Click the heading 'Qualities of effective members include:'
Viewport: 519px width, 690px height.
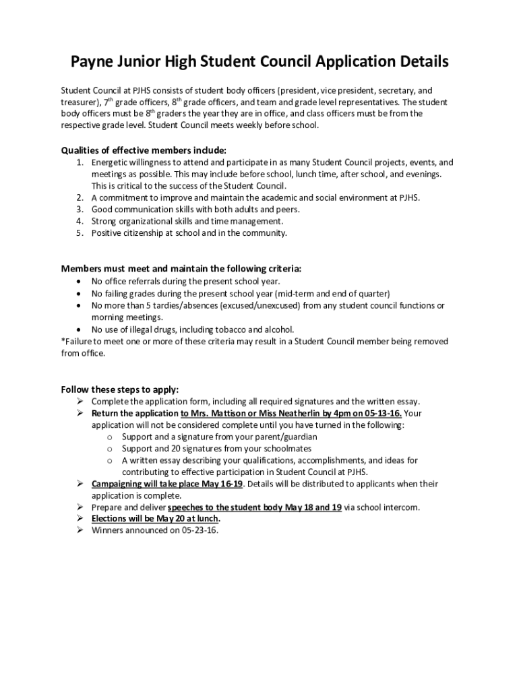(144, 150)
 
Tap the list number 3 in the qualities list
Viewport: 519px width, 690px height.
(79, 210)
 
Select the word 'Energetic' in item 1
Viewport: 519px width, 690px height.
(111, 162)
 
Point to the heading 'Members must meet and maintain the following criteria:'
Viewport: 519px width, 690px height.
(181, 268)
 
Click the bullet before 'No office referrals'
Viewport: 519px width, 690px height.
(81, 281)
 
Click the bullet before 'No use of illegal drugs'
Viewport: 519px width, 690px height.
(81, 330)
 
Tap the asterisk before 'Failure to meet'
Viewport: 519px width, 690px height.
(63, 342)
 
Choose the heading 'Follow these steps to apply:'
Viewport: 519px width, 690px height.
(119, 389)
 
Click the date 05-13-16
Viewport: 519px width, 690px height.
(383, 413)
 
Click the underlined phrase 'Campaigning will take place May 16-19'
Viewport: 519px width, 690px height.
(166, 484)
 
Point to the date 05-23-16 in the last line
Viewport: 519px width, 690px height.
(200, 530)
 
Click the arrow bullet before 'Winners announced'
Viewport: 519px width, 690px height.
(80, 530)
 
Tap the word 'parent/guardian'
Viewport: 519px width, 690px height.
(286, 437)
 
